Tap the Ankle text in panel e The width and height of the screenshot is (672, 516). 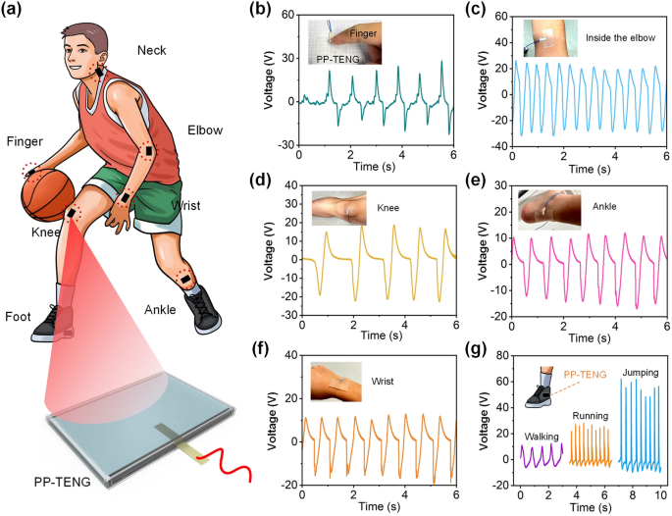(608, 207)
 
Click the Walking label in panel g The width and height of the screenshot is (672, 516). (541, 436)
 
